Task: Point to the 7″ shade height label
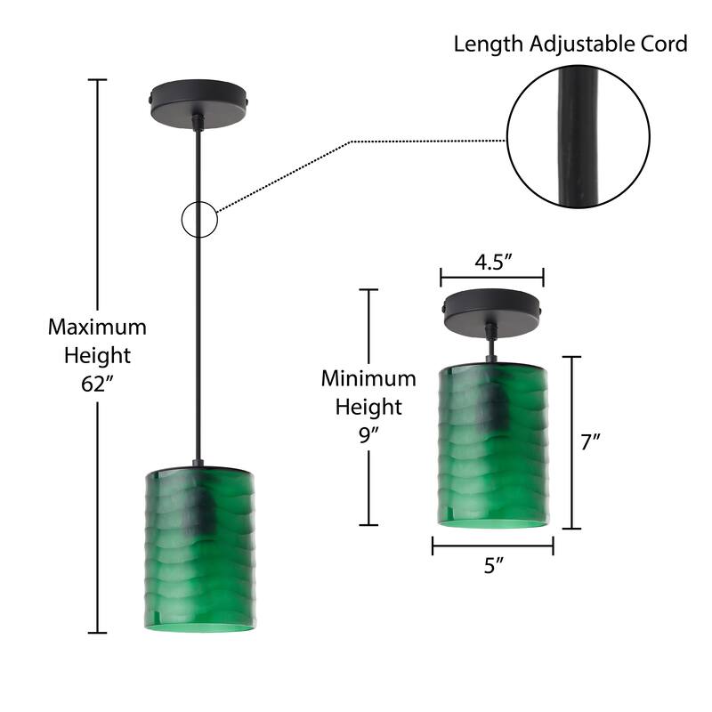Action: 592,442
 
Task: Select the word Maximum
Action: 97,327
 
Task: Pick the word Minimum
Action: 368,378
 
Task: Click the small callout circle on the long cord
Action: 199,219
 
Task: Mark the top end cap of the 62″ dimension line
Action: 97,80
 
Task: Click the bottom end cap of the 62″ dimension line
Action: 97,633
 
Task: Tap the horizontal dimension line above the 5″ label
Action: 493,546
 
